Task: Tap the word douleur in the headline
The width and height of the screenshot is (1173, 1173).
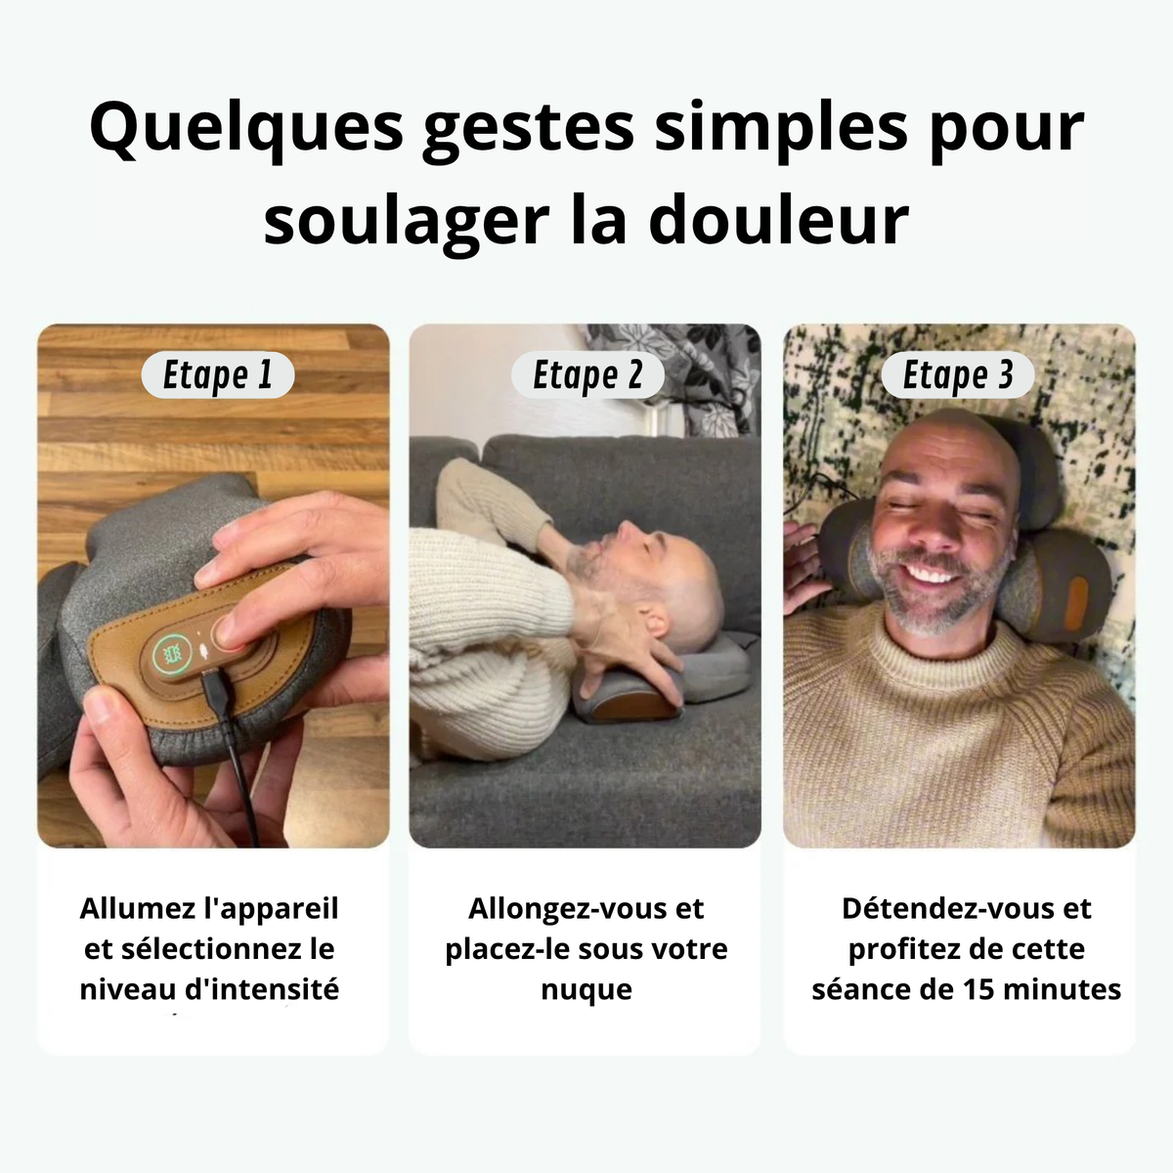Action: pos(779,220)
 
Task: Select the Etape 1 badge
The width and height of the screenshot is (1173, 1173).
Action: pos(218,374)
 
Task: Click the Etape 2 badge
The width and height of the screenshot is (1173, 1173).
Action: pos(587,374)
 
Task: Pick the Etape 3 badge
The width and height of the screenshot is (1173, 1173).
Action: pos(958,374)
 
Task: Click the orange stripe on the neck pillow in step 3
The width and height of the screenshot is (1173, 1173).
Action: pos(1077,602)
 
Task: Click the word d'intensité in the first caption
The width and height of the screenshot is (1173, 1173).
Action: pos(261,989)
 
